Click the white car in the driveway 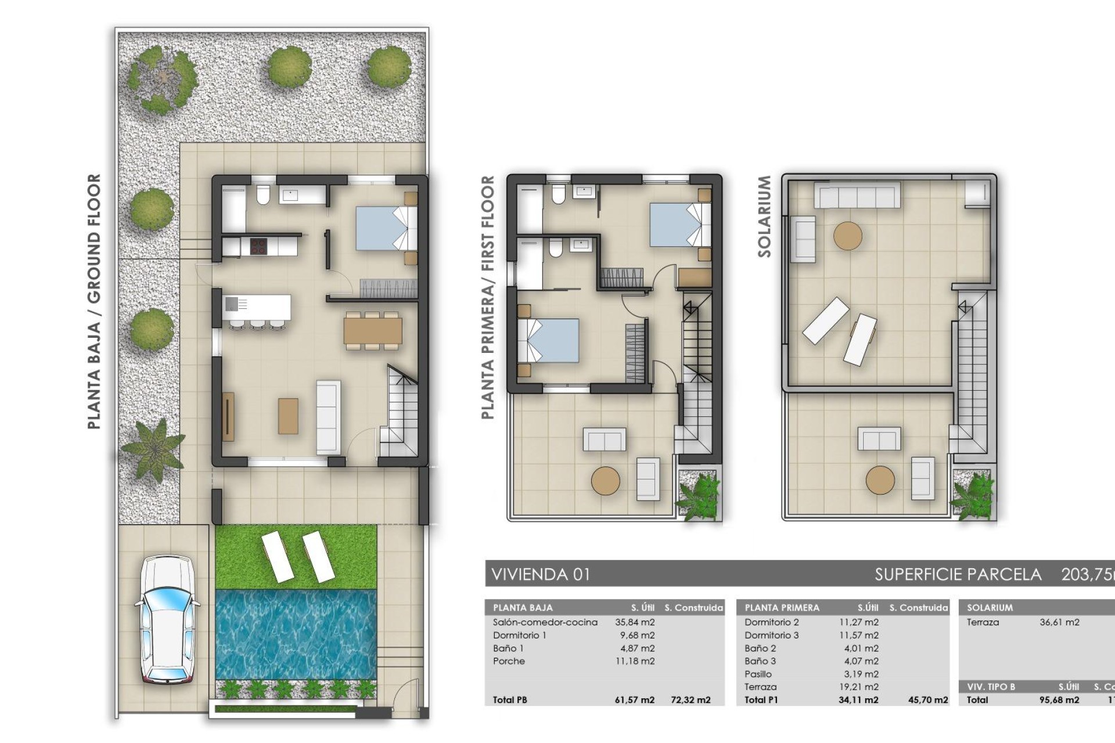point(168,619)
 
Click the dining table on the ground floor point(372,330)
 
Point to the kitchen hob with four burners point(258,246)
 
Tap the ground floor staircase point(400,412)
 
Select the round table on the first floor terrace point(605,481)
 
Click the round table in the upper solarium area point(847,236)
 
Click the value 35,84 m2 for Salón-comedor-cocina point(635,622)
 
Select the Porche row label point(509,661)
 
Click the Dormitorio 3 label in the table point(771,636)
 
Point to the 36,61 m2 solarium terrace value point(1059,622)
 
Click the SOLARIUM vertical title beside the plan point(764,217)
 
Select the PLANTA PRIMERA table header point(782,608)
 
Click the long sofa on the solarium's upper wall point(857,194)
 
